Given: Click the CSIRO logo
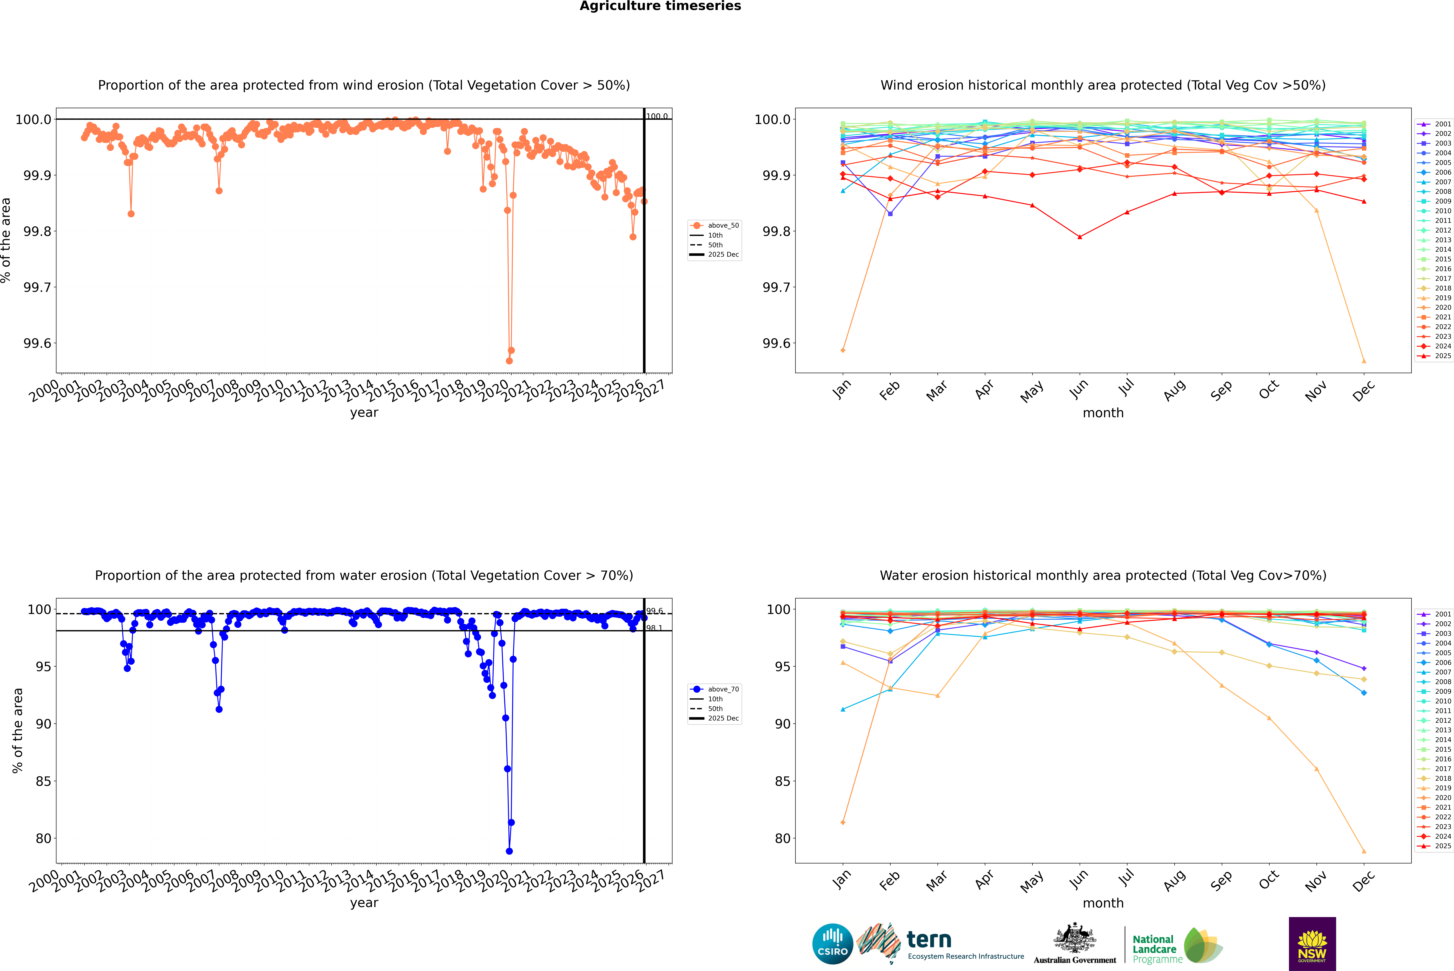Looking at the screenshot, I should [832, 944].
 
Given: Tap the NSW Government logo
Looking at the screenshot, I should [1312, 944].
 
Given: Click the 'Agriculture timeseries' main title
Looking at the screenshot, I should [660, 6].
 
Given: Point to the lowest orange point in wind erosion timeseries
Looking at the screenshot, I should [509, 360].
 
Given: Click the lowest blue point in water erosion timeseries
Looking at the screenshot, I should [509, 851].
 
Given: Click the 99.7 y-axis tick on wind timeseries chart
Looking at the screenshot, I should [37, 287].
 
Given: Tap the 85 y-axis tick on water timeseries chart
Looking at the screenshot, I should [43, 782].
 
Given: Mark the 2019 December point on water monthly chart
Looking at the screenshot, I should [1364, 851].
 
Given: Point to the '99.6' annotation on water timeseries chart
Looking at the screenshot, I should [654, 611].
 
